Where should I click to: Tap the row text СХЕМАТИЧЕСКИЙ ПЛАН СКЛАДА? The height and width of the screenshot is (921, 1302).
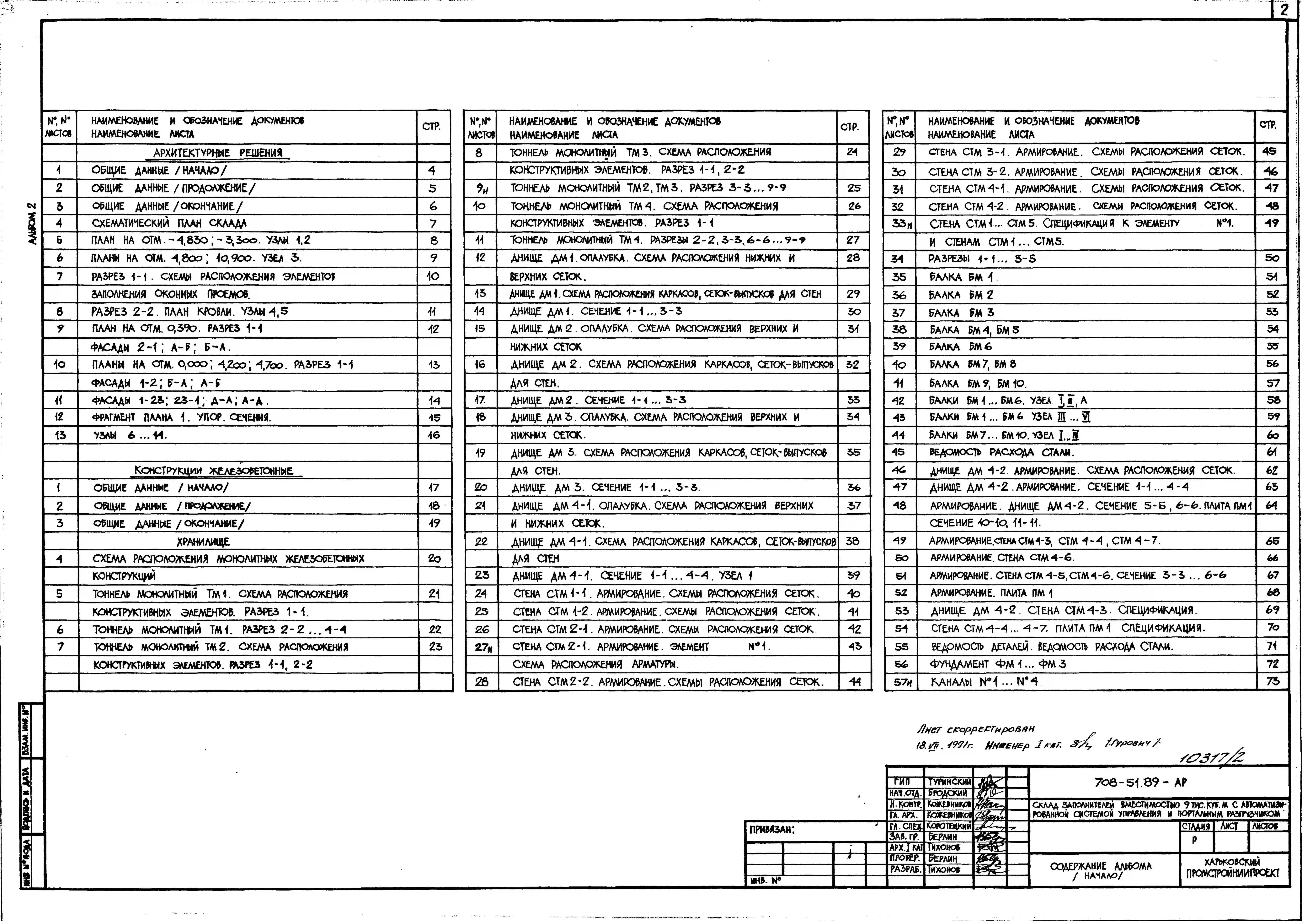click(170, 223)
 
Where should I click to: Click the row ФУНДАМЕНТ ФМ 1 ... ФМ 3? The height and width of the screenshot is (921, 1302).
click(998, 664)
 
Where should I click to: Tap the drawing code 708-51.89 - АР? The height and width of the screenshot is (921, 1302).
click(1140, 782)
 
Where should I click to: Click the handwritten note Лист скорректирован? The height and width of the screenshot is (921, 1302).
click(975, 729)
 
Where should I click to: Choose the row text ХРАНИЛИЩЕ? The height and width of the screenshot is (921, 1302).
click(203, 541)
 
